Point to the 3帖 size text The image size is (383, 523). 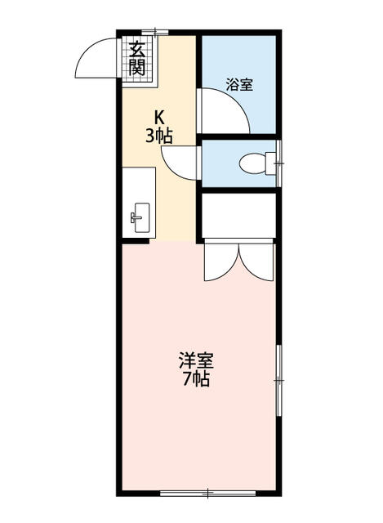(159, 136)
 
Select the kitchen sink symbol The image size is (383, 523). (138, 217)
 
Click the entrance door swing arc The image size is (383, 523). (95, 58)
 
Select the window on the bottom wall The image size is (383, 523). (207, 493)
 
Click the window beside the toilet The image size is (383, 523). (279, 163)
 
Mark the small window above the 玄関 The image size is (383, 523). (156, 34)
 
